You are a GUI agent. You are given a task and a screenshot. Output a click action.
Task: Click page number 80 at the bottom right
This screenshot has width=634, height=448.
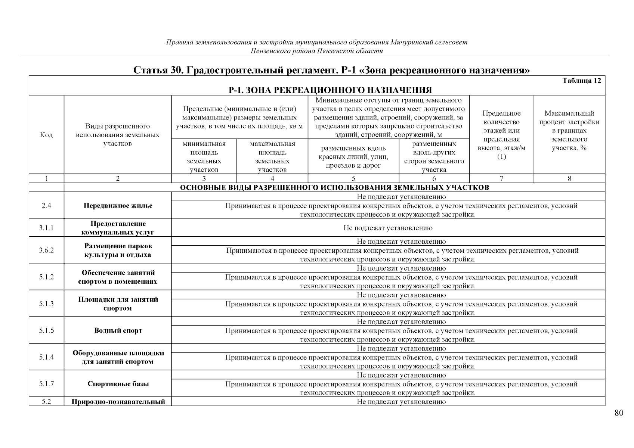click(x=618, y=413)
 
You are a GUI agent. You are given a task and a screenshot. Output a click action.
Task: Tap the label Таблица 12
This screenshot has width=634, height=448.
click(x=581, y=81)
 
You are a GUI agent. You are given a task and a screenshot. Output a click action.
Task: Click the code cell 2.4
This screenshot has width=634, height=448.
click(x=46, y=205)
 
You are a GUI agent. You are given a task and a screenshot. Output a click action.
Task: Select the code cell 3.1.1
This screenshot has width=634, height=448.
click(x=46, y=228)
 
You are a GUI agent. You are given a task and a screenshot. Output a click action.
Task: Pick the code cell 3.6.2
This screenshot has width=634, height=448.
click(x=46, y=250)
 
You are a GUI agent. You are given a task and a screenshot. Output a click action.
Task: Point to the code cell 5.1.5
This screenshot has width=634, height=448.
click(x=46, y=330)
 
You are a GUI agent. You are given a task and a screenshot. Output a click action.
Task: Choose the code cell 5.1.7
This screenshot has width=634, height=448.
click(x=46, y=384)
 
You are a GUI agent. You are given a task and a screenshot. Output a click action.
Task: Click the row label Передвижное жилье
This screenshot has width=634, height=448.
click(x=118, y=206)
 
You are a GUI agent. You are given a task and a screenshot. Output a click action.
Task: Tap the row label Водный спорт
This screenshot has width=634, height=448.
click(x=118, y=331)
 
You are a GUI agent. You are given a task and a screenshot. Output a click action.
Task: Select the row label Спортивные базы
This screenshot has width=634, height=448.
click(x=118, y=384)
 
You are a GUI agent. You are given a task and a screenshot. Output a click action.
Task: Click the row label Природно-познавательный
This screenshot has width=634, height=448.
click(x=118, y=402)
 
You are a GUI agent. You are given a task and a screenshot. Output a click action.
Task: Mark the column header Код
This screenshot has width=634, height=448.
click(x=46, y=135)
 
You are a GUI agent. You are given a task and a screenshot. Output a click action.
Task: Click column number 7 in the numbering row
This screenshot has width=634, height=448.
click(x=501, y=178)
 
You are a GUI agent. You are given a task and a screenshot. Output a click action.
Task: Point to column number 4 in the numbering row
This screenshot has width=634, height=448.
click(x=272, y=178)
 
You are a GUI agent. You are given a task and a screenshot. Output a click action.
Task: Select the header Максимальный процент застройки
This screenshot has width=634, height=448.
click(x=569, y=130)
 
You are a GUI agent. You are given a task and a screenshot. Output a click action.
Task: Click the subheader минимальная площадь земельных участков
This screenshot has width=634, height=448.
click(x=204, y=156)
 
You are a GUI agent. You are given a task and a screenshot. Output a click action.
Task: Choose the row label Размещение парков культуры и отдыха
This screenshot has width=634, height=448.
click(x=118, y=251)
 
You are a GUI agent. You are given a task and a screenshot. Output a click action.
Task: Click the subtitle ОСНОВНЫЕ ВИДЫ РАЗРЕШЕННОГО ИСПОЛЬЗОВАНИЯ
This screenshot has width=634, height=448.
click(x=334, y=187)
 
